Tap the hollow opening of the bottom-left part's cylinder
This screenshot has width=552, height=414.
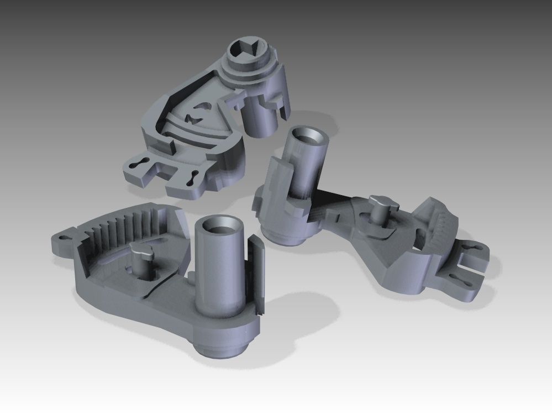click(x=218, y=226)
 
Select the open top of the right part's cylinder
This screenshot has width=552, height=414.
click(x=309, y=137)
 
